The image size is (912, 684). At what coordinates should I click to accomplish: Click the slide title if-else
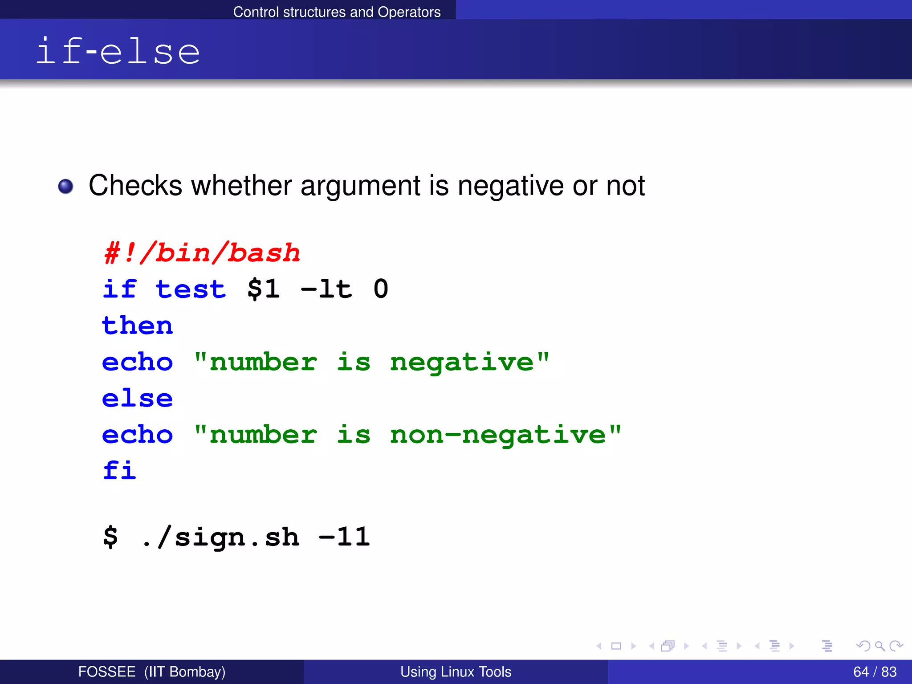point(118,51)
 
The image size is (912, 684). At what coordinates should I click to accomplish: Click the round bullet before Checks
point(66,186)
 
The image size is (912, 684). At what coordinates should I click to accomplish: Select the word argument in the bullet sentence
point(360,186)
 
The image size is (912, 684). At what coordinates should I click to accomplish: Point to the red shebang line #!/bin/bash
point(202,253)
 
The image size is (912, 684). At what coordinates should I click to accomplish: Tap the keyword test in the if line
point(191,289)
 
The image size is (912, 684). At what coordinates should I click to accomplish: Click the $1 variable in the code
point(264,289)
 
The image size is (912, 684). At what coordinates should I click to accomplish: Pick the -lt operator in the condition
point(326,289)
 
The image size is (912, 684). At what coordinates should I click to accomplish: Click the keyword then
point(137,326)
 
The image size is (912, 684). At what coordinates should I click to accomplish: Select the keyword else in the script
point(137,398)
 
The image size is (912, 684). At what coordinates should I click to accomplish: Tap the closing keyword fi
point(119,470)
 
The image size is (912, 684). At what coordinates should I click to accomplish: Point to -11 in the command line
point(344,537)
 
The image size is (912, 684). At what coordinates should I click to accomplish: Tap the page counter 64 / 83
point(875,672)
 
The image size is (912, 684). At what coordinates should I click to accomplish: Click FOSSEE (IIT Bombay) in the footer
point(152,672)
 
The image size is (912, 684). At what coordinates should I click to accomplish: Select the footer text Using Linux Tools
point(456,672)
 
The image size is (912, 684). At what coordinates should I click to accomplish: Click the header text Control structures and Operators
point(337,12)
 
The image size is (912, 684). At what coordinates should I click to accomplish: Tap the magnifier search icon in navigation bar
point(879,646)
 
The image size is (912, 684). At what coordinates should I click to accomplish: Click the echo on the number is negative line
point(137,362)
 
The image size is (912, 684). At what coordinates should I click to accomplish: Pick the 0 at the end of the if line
point(381,289)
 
